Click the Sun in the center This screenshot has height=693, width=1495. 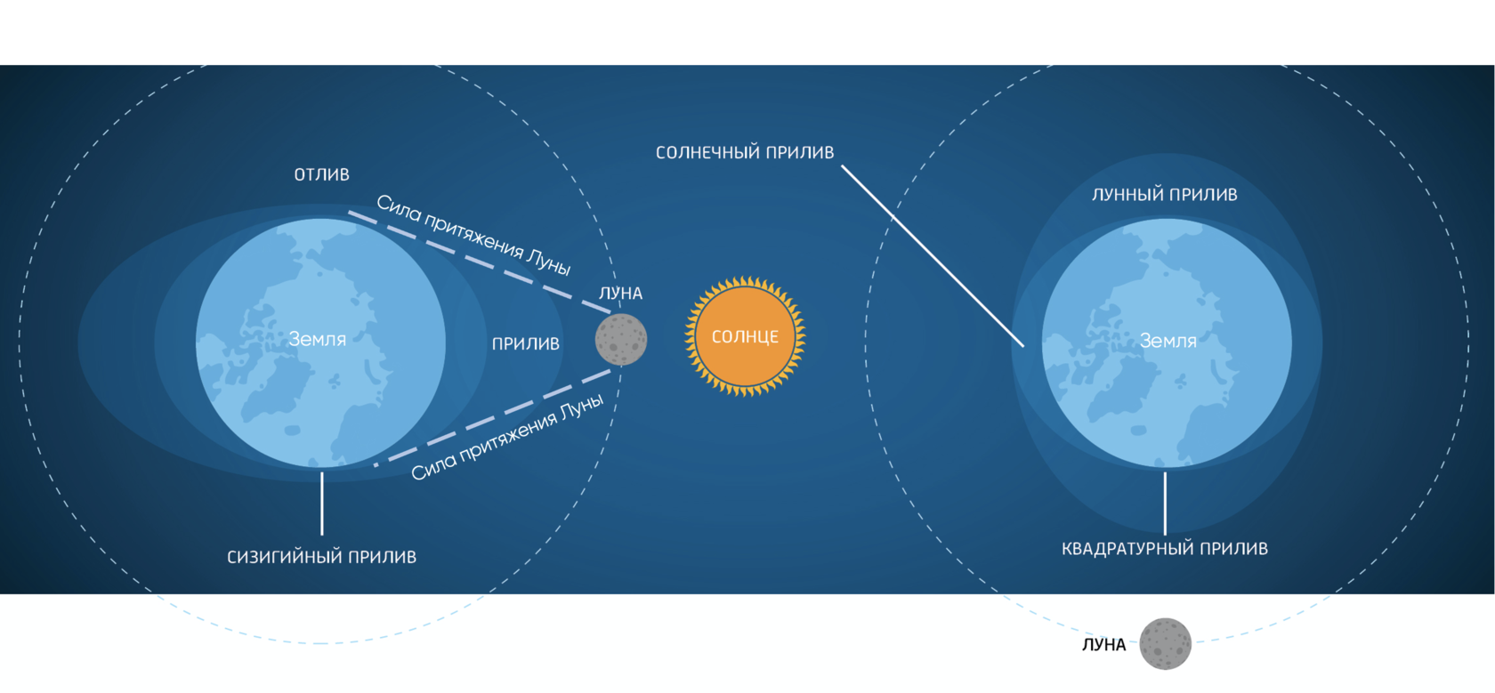[745, 336]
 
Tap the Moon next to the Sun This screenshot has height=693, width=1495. [621, 340]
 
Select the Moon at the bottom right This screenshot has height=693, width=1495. [1165, 643]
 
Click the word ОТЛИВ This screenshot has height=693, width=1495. [322, 175]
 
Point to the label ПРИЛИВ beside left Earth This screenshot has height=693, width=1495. [526, 343]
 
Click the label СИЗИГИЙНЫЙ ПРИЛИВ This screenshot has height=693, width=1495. [321, 557]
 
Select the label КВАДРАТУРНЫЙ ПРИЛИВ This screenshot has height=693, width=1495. [1164, 549]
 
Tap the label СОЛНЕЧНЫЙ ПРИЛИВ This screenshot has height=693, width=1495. [745, 153]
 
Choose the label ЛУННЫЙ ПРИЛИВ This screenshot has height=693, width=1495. [1164, 195]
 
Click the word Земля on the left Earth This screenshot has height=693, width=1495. [318, 339]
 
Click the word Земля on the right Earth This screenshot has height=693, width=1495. [1168, 341]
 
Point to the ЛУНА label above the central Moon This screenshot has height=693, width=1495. [620, 294]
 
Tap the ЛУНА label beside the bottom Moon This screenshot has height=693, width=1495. [1103, 645]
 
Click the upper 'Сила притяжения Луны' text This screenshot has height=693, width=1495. [473, 234]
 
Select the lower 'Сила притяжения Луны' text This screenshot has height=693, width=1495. [507, 437]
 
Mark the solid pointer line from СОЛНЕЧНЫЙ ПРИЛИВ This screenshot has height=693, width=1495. [932, 255]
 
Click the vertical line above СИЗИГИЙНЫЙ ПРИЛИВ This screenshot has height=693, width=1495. [322, 504]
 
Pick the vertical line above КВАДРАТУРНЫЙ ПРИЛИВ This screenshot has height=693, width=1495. [1165, 504]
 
